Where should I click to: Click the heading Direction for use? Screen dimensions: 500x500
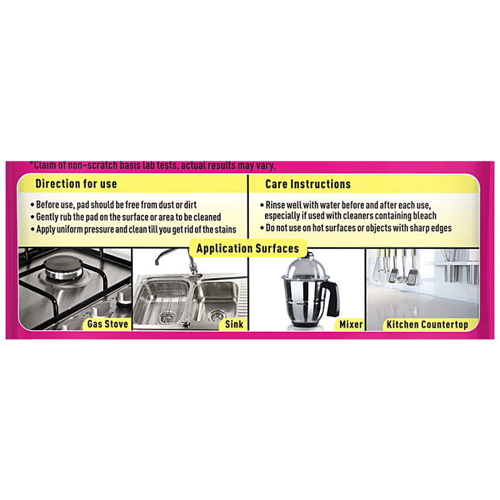click(x=76, y=184)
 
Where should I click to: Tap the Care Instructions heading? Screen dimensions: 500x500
click(x=307, y=184)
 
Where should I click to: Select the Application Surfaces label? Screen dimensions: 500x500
click(x=247, y=248)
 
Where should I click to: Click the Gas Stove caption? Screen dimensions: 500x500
click(x=107, y=324)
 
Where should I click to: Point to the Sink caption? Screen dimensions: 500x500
click(x=234, y=324)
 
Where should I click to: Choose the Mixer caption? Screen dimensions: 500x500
click(x=351, y=324)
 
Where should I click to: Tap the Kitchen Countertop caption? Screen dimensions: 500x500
click(x=427, y=324)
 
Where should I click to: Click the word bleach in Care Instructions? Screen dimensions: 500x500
click(x=424, y=216)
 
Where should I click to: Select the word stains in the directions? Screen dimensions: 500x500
click(x=225, y=229)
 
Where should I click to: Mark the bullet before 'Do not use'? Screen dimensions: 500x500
click(x=262, y=228)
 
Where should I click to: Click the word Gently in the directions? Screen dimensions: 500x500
click(x=47, y=217)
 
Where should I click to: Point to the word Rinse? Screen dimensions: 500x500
click(x=276, y=205)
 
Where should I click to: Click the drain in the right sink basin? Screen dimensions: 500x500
click(x=217, y=316)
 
